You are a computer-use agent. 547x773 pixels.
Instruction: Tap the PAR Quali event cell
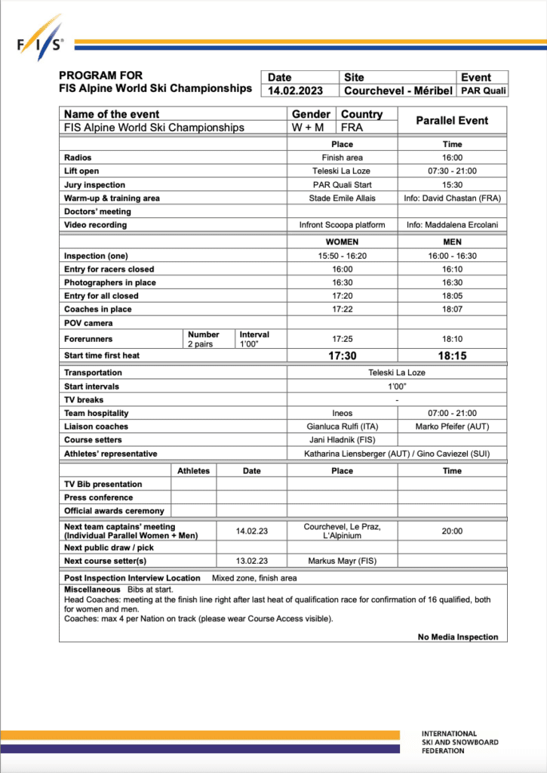coord(483,91)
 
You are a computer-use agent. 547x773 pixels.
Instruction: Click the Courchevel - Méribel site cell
coord(398,91)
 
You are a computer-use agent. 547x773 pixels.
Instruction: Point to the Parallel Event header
coord(452,121)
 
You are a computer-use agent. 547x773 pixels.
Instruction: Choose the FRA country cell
coord(352,128)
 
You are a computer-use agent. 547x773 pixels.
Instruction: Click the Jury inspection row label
coord(95,185)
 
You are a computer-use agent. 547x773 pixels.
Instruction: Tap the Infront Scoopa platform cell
coord(342,225)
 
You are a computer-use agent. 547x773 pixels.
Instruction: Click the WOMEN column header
coord(342,243)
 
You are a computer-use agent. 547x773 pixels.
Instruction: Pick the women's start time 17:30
coord(342,356)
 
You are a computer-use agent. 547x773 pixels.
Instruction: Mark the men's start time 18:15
coord(452,356)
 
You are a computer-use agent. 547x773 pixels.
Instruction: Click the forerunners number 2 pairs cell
coord(200,344)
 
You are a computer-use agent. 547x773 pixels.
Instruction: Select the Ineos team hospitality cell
coord(342,414)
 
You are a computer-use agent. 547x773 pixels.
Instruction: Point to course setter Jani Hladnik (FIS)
coord(342,440)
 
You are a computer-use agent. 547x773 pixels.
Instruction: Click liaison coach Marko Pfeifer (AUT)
coord(452,427)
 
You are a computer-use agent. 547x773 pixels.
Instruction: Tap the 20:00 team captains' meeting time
coord(452,531)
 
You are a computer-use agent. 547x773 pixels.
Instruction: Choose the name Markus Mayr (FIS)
coord(342,561)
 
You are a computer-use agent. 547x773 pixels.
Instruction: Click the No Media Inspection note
coord(458,637)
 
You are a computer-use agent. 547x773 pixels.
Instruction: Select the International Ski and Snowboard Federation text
coord(459,743)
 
